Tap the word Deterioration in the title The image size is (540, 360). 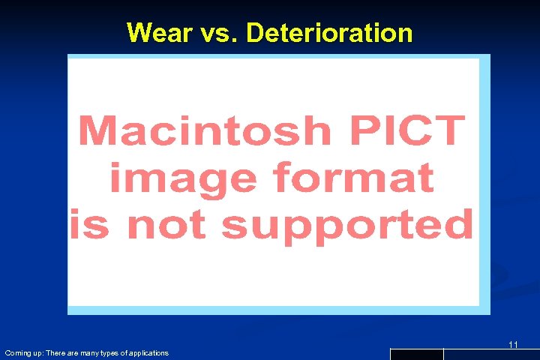point(329,33)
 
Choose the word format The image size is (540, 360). point(354,178)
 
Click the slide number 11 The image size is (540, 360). point(513,344)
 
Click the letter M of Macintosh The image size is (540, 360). point(95,132)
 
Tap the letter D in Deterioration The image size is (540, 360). point(255,33)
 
